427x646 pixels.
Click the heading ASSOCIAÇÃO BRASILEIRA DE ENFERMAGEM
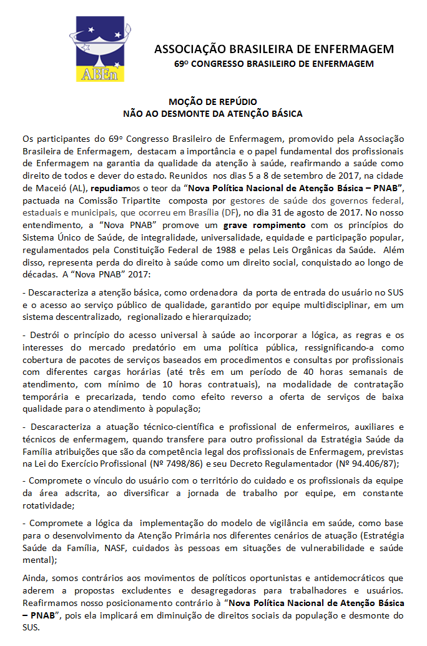coord(274,49)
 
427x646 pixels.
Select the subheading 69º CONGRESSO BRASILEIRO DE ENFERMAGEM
coord(274,64)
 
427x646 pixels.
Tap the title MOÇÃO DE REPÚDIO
coord(213,102)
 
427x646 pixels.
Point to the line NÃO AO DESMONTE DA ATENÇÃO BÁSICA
coord(213,114)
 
